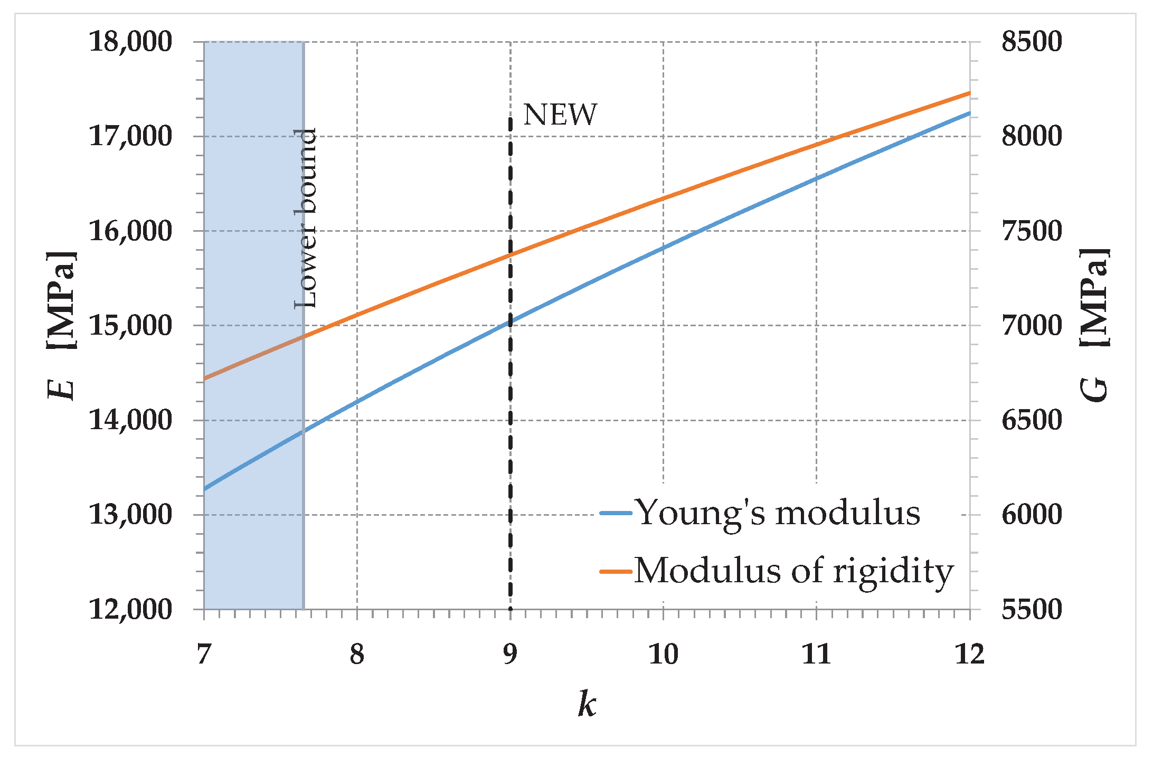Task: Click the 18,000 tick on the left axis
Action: [130, 41]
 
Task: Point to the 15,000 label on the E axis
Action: [130, 325]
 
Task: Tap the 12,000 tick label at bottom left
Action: [130, 609]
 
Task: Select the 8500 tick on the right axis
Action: [1031, 41]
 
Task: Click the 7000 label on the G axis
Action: [1031, 325]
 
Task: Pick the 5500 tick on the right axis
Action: [1031, 609]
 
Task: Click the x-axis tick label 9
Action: [510, 655]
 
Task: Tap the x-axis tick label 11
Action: [816, 655]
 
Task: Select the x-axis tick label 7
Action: [204, 655]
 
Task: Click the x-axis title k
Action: [587, 704]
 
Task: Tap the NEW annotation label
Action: [560, 115]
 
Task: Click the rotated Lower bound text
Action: [306, 217]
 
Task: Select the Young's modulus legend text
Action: [778, 513]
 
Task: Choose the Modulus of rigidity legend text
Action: [794, 571]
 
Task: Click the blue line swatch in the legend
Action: [616, 513]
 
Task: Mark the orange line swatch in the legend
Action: [616, 571]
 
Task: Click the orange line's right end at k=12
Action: [969, 93]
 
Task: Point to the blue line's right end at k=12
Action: [969, 113]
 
